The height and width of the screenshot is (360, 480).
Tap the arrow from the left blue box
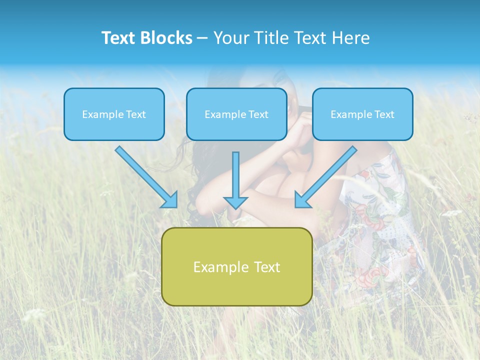pos(145,175)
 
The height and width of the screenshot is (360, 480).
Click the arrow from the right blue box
pos(327,175)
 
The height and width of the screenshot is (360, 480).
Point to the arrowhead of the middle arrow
pos(235,202)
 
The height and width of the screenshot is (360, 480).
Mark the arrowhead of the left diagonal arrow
pos(171,200)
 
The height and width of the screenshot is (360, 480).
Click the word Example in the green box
pos(214,267)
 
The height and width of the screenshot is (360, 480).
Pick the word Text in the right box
pos(384,114)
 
